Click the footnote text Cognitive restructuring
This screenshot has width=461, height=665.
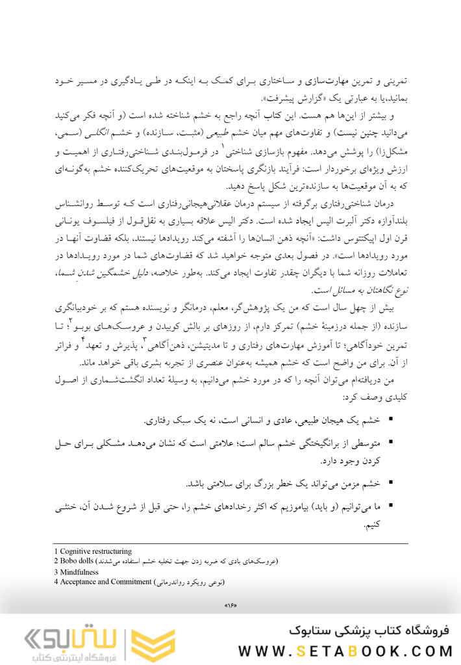tap(96, 551)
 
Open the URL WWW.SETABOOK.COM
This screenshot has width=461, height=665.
tap(344, 650)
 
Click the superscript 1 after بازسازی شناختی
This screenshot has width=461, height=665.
tap(223, 149)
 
